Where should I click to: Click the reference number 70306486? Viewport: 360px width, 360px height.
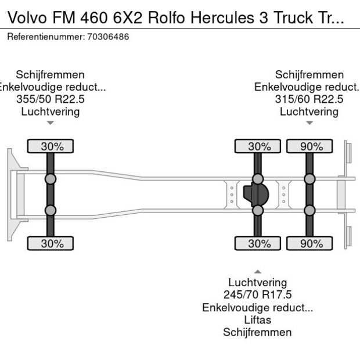[108, 37]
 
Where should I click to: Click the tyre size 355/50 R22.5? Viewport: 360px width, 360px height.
[51, 99]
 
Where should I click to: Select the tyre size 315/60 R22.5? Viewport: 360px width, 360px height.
[309, 99]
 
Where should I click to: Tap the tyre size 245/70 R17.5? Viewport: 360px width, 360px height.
[257, 295]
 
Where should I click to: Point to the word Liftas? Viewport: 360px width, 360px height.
[257, 320]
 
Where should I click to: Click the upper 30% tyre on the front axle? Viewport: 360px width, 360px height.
[51, 146]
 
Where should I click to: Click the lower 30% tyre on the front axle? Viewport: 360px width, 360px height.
[51, 244]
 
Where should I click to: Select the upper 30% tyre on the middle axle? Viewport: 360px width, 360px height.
[258, 146]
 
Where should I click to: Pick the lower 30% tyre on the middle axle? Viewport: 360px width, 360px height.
[258, 244]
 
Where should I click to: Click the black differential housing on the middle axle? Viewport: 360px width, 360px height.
[256, 195]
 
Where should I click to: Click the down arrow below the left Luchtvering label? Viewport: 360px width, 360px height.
[51, 123]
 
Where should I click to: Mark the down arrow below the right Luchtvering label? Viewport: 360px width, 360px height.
[309, 123]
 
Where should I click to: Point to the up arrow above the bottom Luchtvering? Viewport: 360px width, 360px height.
[257, 272]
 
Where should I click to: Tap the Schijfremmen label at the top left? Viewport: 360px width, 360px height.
[51, 75]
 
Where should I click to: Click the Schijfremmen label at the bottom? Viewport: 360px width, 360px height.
[257, 332]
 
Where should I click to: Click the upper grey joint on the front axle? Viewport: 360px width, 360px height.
[51, 179]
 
